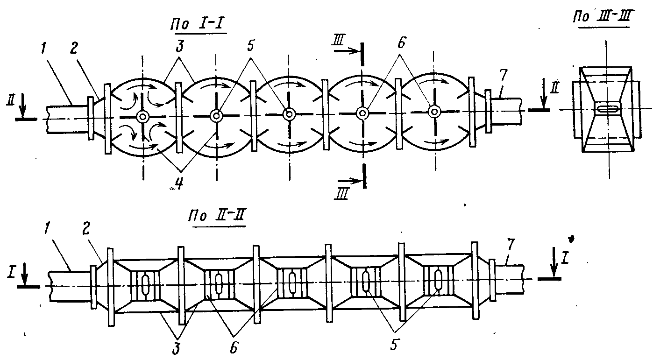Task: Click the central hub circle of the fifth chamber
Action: (435, 111)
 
